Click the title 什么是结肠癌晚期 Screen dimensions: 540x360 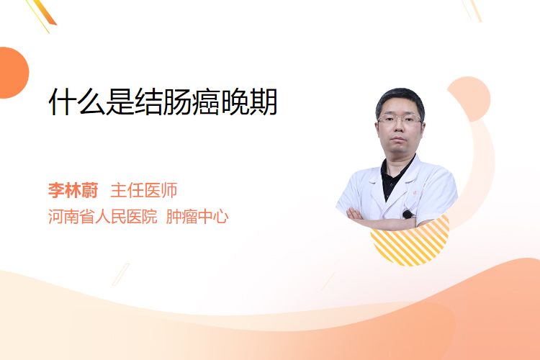[163, 102]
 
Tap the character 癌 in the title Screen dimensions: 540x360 [206, 102]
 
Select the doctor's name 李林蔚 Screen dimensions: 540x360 [73, 190]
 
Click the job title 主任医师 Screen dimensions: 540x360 [144, 190]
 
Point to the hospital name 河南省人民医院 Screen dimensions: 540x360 [103, 217]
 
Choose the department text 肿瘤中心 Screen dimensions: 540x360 [197, 217]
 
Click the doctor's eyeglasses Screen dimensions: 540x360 [400, 120]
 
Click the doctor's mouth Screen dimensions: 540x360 [399, 139]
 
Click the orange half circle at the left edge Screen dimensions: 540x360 [13, 73]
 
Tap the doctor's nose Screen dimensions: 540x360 [399, 127]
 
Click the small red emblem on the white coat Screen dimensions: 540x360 [415, 193]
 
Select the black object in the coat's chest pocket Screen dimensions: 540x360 [408, 215]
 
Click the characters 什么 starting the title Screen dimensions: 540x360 [77, 102]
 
